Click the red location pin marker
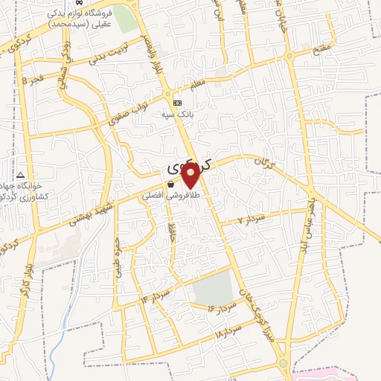point(190,175)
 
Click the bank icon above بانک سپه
point(177,103)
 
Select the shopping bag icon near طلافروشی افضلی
point(170,183)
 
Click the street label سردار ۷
point(250,220)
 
